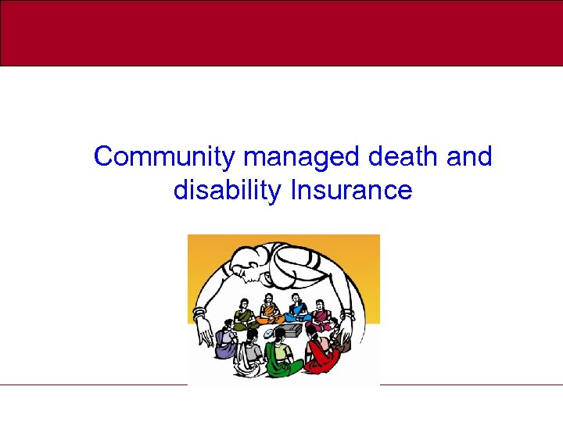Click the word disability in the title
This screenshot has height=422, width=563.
click(228, 190)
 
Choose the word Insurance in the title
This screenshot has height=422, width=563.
click(351, 190)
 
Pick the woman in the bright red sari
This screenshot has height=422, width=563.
click(321, 356)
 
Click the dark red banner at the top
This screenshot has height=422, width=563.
click(281, 33)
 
